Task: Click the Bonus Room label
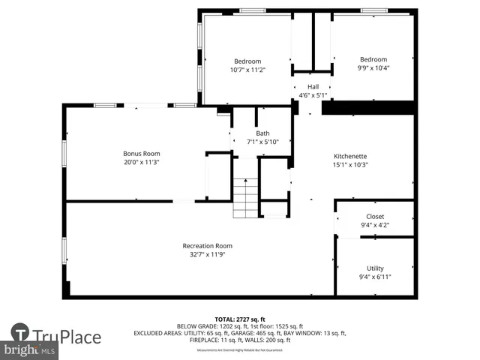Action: point(142,153)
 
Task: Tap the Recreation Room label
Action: point(207,246)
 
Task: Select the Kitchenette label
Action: point(349,156)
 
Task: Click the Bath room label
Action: point(262,133)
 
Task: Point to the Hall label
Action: point(313,86)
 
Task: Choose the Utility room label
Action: point(375,268)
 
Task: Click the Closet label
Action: point(375,216)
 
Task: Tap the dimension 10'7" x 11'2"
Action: point(247,69)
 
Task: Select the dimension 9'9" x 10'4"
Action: point(373,67)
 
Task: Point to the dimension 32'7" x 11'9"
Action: point(207,254)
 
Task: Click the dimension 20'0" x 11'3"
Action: point(142,161)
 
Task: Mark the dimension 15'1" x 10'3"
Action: point(349,164)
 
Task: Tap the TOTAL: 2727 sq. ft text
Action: point(239,319)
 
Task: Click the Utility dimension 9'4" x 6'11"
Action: point(375,276)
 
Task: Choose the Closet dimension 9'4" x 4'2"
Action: point(375,224)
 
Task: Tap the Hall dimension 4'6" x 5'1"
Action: point(313,95)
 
